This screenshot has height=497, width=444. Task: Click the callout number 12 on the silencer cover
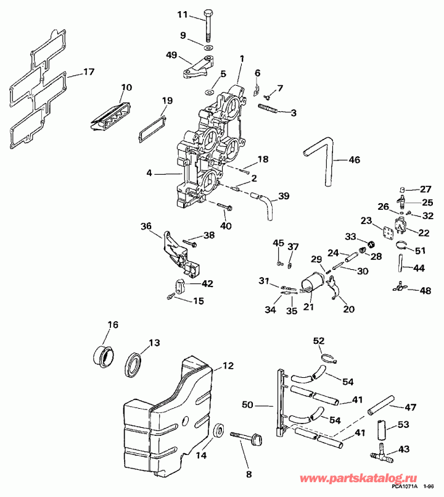(228, 365)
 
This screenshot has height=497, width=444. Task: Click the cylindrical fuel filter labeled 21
(313, 285)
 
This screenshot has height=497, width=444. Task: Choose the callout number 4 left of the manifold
(149, 173)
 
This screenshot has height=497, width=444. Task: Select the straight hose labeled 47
(383, 405)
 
